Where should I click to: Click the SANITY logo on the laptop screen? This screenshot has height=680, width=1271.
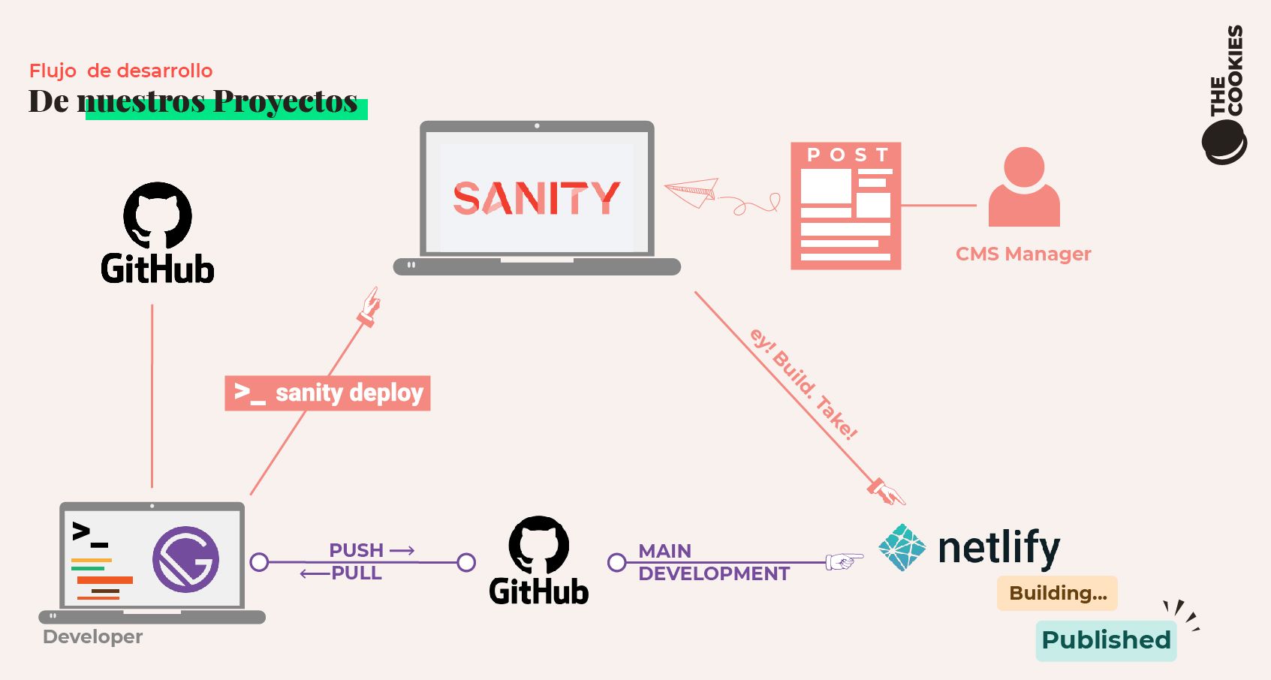pos(536,198)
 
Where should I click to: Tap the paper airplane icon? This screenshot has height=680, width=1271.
pos(693,191)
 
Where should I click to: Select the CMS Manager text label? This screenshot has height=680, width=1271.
pos(1023,254)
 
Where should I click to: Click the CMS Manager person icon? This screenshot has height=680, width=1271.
pos(1024,188)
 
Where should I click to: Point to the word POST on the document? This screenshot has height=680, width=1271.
pos(847,155)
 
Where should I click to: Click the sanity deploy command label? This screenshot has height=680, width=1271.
pos(327,393)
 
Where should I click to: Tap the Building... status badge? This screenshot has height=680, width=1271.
pos(1057,593)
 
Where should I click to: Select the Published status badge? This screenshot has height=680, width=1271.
pos(1105,640)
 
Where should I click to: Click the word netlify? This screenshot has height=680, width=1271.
pos(998,548)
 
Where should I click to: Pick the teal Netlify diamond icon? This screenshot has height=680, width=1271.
pos(902,548)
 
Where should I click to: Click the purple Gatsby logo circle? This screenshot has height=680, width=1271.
pos(185,559)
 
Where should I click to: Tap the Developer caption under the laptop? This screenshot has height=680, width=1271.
pos(92,636)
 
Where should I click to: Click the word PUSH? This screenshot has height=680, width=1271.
pos(357,550)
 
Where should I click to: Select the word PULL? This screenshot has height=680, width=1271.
pos(357,573)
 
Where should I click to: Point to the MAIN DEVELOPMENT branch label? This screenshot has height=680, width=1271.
pos(713,562)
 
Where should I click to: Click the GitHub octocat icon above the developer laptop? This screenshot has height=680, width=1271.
pos(158,215)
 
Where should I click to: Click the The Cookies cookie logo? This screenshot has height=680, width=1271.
pos(1224,143)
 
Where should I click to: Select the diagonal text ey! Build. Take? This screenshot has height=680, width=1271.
pos(803,383)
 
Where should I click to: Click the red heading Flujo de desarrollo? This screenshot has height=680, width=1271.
pos(121,71)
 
